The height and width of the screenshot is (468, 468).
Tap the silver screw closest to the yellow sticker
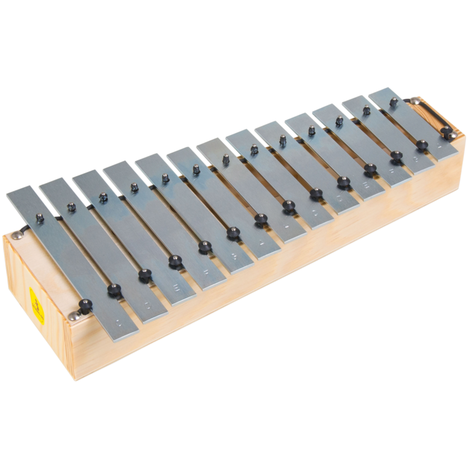tap(74, 316)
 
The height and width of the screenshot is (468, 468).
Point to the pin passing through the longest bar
tap(40, 218)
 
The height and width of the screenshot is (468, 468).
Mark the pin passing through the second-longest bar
tap(72, 207)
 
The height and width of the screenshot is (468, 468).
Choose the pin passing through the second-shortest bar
tap(367, 109)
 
